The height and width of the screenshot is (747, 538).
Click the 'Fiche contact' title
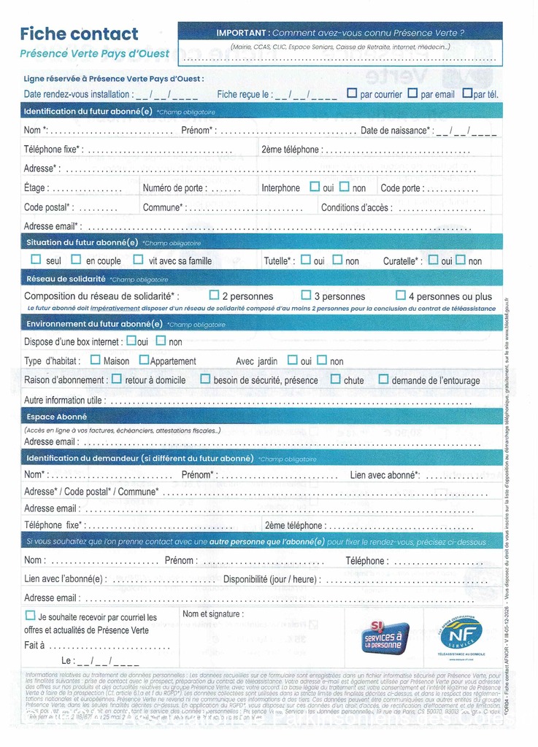click(79, 34)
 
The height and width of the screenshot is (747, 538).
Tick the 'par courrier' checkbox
click(352, 93)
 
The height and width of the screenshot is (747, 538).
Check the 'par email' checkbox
click(412, 93)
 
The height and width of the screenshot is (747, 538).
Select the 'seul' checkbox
click(36, 260)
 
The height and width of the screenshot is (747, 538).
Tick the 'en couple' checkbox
click(76, 260)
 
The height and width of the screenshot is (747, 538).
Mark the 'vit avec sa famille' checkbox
click(138, 260)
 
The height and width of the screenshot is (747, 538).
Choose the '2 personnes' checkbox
click(214, 295)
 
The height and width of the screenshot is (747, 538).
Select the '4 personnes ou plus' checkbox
click(400, 295)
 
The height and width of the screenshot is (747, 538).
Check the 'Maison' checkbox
click(96, 360)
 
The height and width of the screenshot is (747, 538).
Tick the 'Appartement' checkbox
click(144, 360)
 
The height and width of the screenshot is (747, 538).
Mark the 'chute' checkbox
click(336, 379)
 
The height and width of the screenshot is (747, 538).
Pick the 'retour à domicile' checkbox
click(117, 379)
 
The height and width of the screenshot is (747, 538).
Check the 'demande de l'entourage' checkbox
click(383, 379)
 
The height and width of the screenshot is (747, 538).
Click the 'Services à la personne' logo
click(385, 637)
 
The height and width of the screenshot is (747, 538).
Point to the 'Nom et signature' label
click(213, 614)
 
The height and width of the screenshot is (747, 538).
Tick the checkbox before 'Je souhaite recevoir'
click(30, 616)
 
